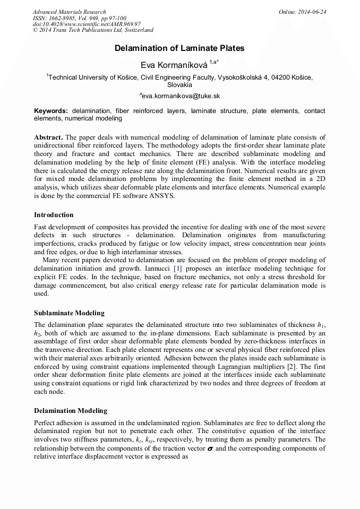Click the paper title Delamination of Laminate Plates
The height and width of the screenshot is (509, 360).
[x=179, y=48]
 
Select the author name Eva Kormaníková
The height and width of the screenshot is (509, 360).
[x=174, y=65]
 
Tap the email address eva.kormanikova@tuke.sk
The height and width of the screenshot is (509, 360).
[x=181, y=96]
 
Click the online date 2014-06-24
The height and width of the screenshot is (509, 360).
[x=310, y=12]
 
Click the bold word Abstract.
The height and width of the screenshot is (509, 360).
[x=48, y=137]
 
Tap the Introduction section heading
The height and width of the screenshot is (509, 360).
[x=54, y=215]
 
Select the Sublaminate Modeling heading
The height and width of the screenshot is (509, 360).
[x=69, y=313]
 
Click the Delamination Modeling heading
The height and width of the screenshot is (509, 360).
[x=71, y=411]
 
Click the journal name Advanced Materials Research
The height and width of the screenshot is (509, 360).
[x=70, y=12]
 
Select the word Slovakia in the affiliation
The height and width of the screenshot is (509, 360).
[x=179, y=85]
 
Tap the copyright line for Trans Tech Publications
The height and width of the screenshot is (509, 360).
[x=93, y=31]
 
